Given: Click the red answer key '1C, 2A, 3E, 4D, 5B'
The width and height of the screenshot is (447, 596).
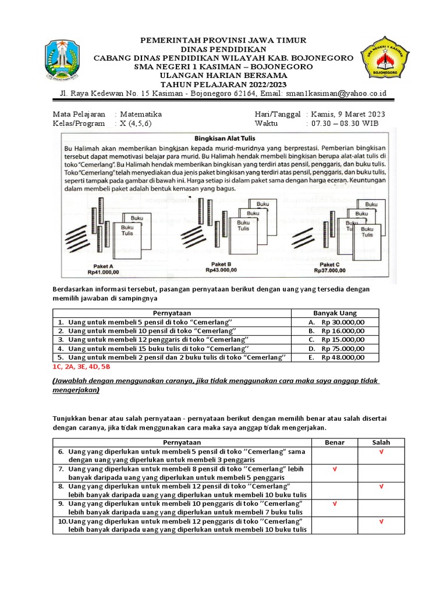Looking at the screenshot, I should [81, 367].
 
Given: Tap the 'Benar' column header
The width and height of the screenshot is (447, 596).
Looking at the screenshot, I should [334, 443].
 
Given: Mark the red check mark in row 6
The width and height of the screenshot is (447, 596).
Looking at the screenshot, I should [381, 452].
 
